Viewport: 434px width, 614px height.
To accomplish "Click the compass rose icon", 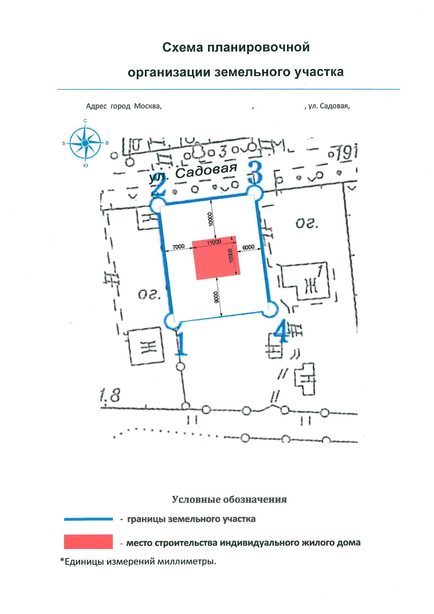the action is [x=85, y=143].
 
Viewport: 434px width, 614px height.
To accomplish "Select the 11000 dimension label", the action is [x=214, y=242].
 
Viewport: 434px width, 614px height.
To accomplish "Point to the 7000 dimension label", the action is [x=178, y=246].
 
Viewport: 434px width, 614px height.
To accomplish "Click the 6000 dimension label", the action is [x=248, y=247].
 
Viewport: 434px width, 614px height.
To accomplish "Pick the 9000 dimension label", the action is [x=216, y=297].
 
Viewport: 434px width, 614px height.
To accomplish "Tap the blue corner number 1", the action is [x=180, y=344].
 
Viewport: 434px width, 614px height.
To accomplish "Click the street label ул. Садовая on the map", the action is [x=193, y=173].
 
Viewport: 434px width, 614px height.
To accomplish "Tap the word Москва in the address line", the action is [x=148, y=106].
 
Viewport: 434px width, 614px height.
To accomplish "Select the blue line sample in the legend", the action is [x=88, y=519].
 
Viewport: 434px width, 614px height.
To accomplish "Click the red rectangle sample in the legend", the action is [x=88, y=542].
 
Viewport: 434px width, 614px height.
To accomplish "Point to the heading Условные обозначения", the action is [x=229, y=500].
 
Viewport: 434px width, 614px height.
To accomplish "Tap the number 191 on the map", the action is [x=346, y=153].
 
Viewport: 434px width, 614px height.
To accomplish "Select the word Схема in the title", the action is [x=183, y=47].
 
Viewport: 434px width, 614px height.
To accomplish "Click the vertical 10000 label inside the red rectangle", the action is [x=231, y=256].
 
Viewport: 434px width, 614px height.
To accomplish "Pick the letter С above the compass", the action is [x=85, y=121].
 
